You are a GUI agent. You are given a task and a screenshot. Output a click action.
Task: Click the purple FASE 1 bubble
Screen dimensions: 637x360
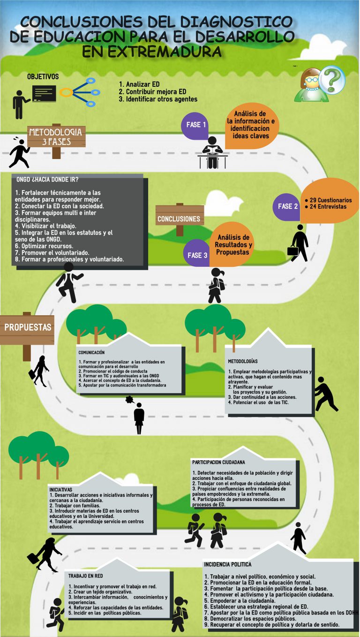[x=196, y=125]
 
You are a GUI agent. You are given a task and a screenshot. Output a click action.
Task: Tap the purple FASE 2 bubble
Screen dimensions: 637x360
[x=287, y=206]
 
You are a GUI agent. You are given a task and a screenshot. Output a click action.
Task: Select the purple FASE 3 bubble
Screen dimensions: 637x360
[x=197, y=255]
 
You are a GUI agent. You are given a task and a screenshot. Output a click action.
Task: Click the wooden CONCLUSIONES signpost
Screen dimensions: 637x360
[x=179, y=218]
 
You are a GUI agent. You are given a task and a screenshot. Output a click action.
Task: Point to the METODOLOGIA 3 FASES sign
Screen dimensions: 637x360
[x=56, y=136]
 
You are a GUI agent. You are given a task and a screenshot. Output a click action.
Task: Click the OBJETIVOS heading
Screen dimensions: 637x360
[x=43, y=76]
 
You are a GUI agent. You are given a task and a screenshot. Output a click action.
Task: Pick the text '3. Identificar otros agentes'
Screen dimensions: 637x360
[x=158, y=99]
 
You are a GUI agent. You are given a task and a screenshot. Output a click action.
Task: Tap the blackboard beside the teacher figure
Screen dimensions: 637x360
[x=44, y=93]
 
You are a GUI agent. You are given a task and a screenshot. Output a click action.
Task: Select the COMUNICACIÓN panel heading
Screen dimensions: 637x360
[x=91, y=352]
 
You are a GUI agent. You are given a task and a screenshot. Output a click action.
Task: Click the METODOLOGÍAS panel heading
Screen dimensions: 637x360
[x=242, y=362]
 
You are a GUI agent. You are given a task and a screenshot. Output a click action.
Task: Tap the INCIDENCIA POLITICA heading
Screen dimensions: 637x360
[x=228, y=564]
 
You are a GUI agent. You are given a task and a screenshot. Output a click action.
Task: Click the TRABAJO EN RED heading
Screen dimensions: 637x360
[x=86, y=576]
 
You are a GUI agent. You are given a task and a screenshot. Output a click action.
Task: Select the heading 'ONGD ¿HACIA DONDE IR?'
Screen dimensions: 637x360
[x=47, y=179]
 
